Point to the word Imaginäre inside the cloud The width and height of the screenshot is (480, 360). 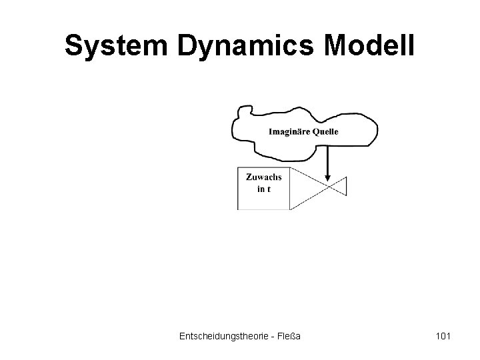[x=289, y=131]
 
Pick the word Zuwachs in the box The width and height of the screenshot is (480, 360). [x=264, y=177]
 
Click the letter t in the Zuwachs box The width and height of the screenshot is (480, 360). [x=269, y=189]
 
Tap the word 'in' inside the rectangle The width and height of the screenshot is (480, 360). [x=260, y=189]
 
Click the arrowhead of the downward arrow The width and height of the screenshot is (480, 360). [x=327, y=177]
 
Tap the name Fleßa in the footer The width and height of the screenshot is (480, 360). [x=288, y=337]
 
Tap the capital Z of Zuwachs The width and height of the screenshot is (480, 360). [x=249, y=177]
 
